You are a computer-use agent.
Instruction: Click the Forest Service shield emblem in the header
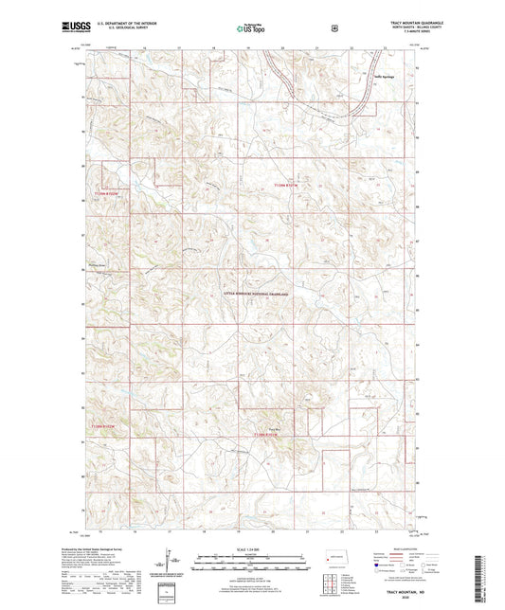pos(334,27)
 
